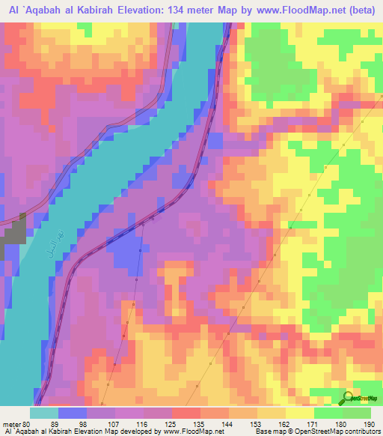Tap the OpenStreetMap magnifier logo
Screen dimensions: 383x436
coord(349,397)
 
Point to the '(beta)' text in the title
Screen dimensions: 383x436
coord(362,10)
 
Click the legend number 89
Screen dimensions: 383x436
coord(52,424)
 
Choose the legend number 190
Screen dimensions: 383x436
coord(370,424)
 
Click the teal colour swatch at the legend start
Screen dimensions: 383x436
coord(44,413)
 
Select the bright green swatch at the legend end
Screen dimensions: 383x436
coord(358,413)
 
